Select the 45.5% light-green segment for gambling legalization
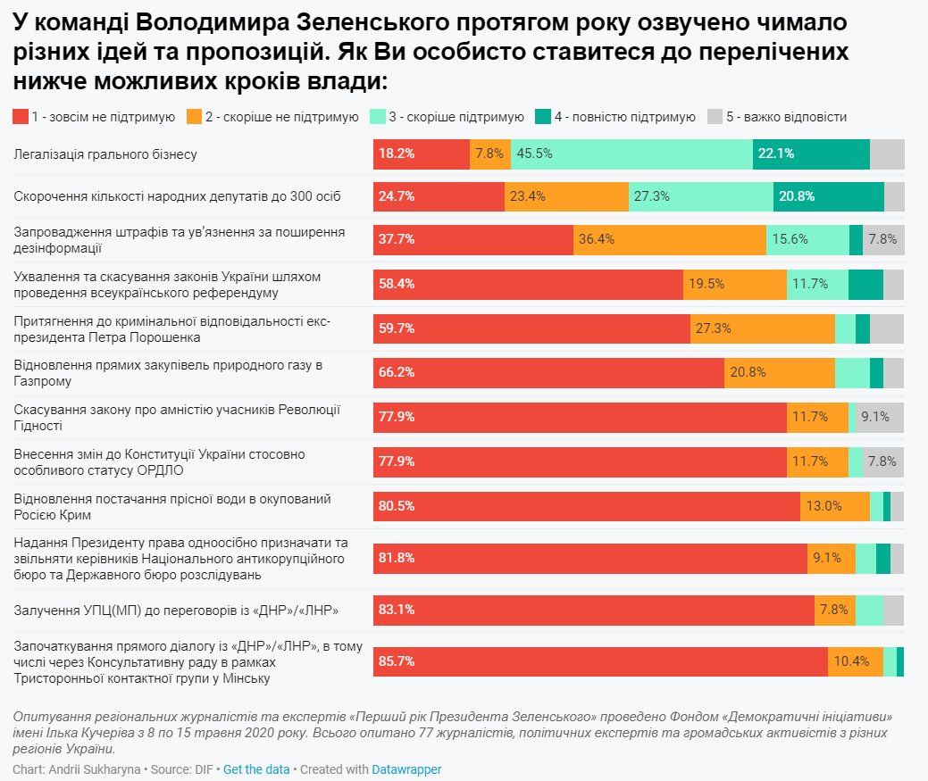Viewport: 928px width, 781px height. (x=631, y=154)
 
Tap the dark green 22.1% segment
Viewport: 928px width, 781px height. (x=811, y=154)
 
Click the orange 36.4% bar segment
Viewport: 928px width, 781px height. (x=669, y=239)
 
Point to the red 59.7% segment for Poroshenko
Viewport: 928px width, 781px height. (x=531, y=328)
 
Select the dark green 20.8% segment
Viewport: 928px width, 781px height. (x=828, y=195)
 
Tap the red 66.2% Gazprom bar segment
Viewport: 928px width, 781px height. (x=548, y=372)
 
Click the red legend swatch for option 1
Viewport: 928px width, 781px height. (x=20, y=117)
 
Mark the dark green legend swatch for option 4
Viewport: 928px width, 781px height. (x=542, y=117)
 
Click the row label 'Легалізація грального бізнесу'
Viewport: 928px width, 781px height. (x=105, y=154)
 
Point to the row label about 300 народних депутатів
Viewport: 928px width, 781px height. (x=177, y=195)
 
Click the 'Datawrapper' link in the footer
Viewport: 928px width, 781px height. (x=406, y=769)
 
